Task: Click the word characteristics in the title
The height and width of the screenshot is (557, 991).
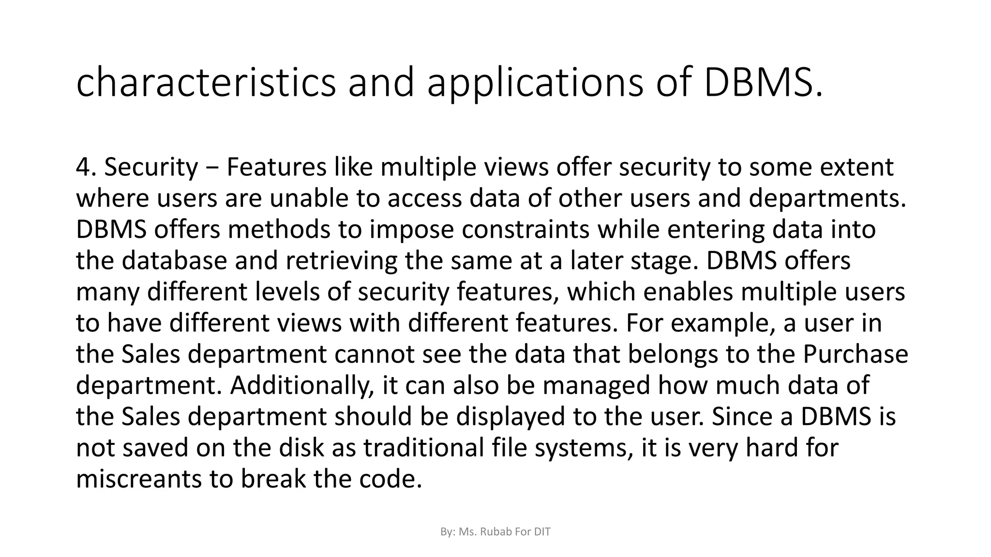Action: pyautogui.click(x=206, y=83)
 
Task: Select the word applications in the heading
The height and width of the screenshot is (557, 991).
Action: pyautogui.click(x=535, y=83)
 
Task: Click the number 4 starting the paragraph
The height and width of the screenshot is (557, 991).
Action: pyautogui.click(x=83, y=167)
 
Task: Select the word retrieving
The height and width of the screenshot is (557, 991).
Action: pyautogui.click(x=341, y=261)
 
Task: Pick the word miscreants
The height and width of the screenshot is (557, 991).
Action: pyautogui.click(x=139, y=479)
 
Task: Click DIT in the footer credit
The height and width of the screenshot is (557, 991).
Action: pyautogui.click(x=542, y=532)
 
